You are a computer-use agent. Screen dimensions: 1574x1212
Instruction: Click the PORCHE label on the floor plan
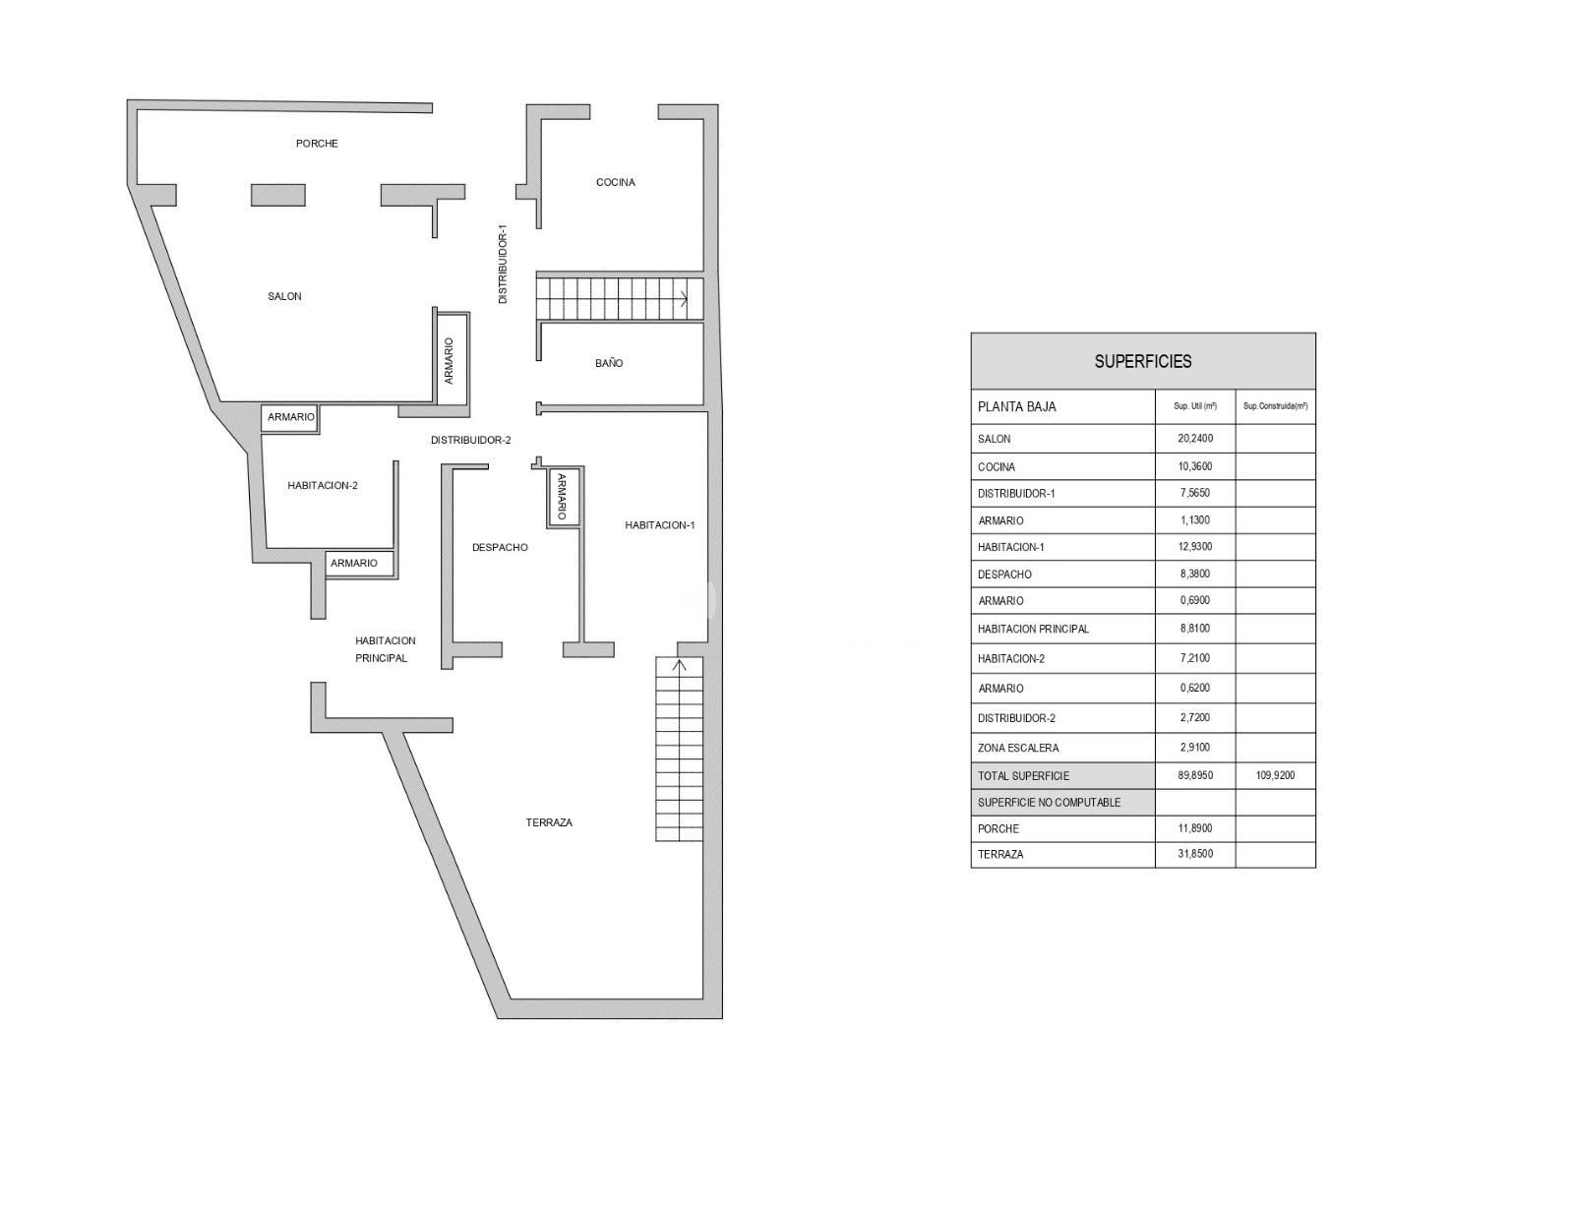[317, 144]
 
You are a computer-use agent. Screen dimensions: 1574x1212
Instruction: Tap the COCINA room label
[615, 182]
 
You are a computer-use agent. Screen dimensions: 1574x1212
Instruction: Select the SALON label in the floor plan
[284, 296]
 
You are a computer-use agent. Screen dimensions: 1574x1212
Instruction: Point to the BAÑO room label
[608, 363]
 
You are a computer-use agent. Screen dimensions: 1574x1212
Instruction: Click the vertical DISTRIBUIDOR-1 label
[503, 264]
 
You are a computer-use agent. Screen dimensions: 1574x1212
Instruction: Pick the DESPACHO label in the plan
[500, 547]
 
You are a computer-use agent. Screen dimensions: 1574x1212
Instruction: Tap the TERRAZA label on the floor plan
[549, 822]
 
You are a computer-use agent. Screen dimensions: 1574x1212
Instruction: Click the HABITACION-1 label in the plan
[660, 525]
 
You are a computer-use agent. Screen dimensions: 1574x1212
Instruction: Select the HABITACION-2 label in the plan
[323, 485]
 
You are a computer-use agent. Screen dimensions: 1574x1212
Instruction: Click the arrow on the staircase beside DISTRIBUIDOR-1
[683, 298]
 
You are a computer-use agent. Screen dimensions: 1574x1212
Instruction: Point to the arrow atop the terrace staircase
[679, 665]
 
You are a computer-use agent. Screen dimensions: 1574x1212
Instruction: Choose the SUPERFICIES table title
[1142, 361]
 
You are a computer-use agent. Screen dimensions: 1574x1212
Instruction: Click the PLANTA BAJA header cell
[1016, 407]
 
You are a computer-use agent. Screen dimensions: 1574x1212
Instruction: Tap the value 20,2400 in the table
[1195, 438]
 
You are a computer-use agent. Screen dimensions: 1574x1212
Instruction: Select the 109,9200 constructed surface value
[1275, 774]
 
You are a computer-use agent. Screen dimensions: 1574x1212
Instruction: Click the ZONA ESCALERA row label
[1018, 748]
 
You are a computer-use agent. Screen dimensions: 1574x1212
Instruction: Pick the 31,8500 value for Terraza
[1195, 854]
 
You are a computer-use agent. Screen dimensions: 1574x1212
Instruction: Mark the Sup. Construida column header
[1275, 406]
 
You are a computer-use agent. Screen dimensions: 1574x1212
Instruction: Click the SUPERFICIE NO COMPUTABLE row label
[1049, 802]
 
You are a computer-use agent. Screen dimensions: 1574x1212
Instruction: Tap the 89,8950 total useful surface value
[1195, 774]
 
